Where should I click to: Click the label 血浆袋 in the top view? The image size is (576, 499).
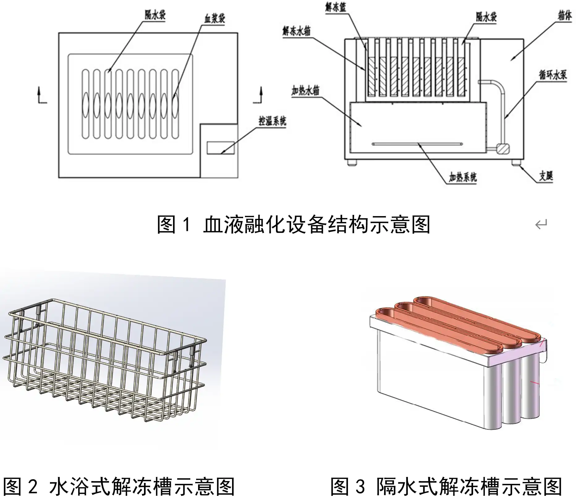tap(214, 19)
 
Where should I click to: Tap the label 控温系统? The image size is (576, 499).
tap(272, 121)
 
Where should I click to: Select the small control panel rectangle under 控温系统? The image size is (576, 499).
tap(220, 148)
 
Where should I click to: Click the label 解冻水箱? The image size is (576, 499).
tap(296, 31)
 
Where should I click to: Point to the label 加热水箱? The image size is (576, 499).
tap(305, 91)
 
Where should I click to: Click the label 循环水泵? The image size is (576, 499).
tap(553, 75)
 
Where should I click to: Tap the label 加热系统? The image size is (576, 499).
tap(463, 177)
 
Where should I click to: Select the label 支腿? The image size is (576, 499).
tap(546, 176)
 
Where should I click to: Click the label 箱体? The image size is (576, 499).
tap(565, 15)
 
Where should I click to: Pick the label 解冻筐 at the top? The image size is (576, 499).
tap(335, 7)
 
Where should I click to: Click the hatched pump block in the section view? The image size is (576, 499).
tap(502, 148)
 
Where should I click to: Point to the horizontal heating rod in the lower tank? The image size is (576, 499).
tap(417, 144)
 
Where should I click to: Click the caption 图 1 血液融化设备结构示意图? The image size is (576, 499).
tap(293, 225)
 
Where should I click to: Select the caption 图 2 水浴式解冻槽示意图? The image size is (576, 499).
tap(119, 486)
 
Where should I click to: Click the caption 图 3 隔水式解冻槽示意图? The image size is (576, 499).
tap(446, 486)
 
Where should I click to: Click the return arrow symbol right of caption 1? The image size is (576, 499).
tap(541, 224)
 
